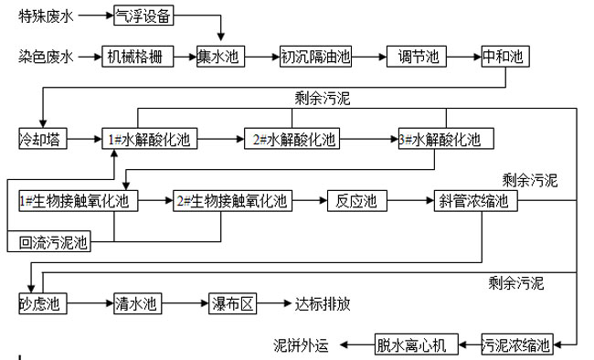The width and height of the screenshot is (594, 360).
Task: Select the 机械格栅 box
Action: click(x=136, y=57)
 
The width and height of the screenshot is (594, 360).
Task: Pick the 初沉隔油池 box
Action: click(x=315, y=57)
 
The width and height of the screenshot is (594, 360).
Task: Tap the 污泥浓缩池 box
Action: click(x=517, y=345)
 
